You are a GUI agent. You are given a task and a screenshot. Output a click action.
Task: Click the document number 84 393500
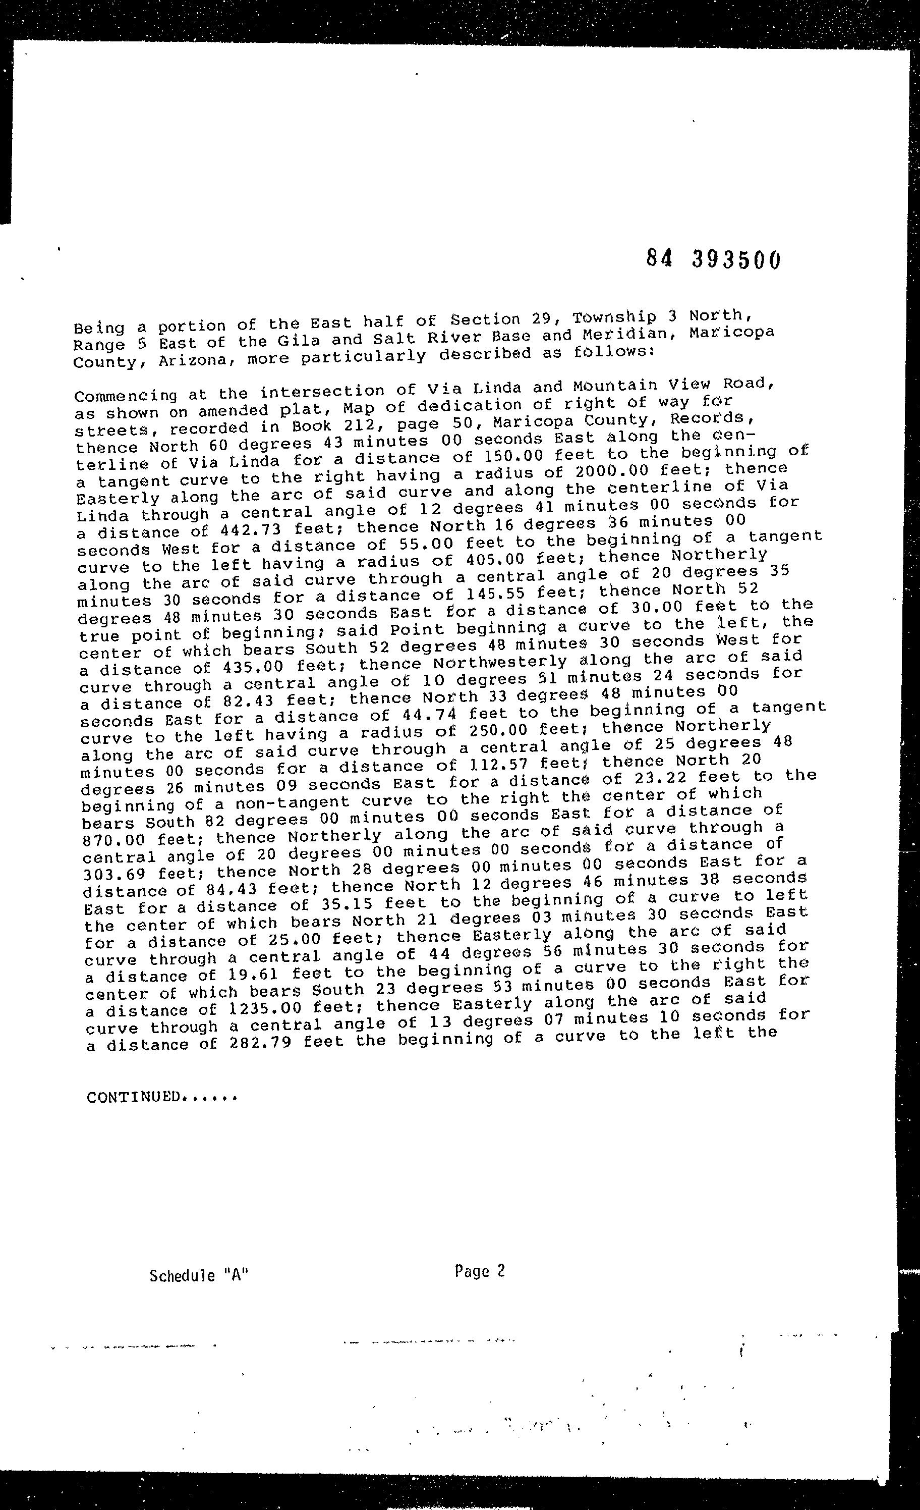(x=714, y=259)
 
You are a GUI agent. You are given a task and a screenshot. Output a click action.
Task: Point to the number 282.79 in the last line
(x=266, y=1043)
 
